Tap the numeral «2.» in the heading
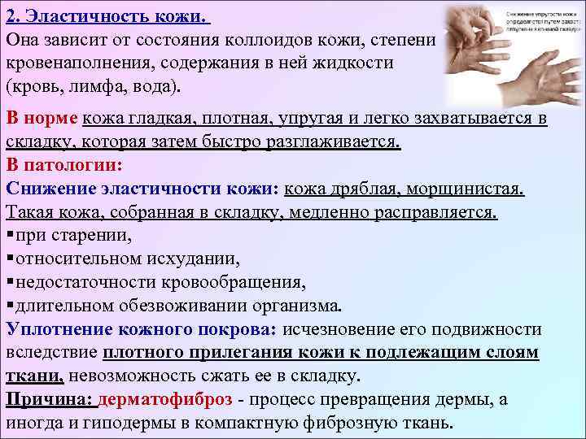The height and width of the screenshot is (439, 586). pyautogui.click(x=13, y=15)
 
